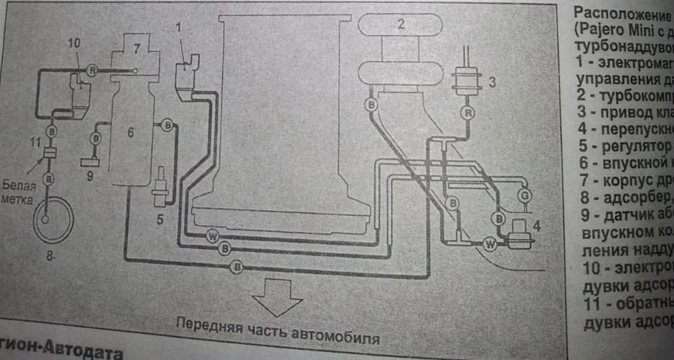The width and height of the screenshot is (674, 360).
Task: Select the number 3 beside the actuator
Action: click(491, 82)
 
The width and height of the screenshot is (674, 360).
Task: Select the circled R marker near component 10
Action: click(92, 69)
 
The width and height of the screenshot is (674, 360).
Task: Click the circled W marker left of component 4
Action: click(491, 244)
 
